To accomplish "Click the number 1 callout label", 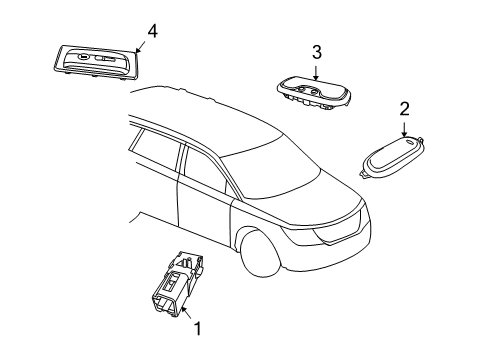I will [x=197, y=327].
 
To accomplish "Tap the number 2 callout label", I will [x=405, y=109].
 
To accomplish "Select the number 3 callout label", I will [x=316, y=52].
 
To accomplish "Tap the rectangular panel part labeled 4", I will [x=93, y=61].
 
